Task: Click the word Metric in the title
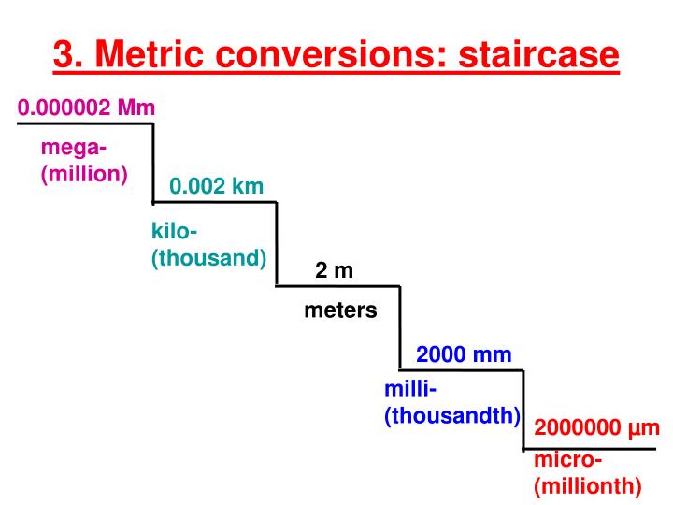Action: [149, 53]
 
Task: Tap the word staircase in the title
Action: [538, 53]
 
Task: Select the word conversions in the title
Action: [331, 53]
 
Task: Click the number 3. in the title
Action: [68, 53]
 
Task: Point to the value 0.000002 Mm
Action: [86, 108]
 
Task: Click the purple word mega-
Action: [74, 149]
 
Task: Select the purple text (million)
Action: [84, 174]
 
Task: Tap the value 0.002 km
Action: [216, 186]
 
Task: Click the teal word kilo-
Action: [174, 231]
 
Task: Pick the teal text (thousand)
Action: [209, 258]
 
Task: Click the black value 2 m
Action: [334, 270]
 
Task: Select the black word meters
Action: [340, 310]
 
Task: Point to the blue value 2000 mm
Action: [464, 354]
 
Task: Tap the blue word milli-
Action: [410, 389]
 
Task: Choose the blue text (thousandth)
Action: [452, 415]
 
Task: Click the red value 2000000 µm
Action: [597, 427]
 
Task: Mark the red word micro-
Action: [568, 459]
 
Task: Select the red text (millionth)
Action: [588, 486]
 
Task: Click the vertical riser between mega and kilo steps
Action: [153, 163]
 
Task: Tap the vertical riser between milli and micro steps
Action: [523, 410]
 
